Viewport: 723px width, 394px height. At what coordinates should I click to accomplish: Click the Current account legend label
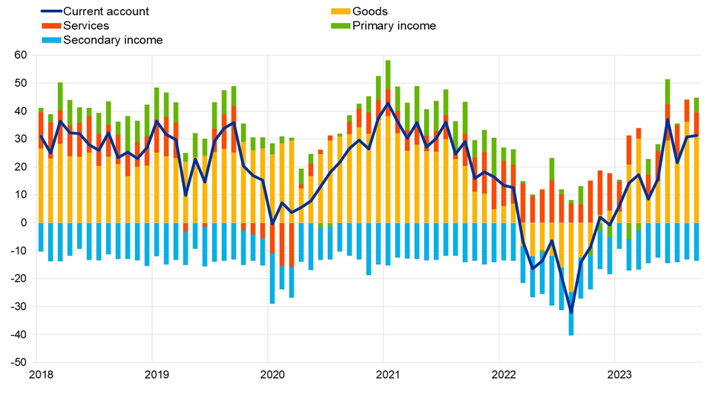tap(106, 11)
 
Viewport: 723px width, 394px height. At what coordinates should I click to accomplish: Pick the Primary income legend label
tap(394, 25)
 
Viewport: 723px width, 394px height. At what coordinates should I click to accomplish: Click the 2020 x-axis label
tap(270, 374)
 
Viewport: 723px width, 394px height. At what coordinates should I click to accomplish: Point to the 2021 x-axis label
tap(385, 374)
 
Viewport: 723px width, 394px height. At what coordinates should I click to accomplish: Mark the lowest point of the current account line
tap(570, 312)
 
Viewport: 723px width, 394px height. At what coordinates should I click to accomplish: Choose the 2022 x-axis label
tap(500, 374)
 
